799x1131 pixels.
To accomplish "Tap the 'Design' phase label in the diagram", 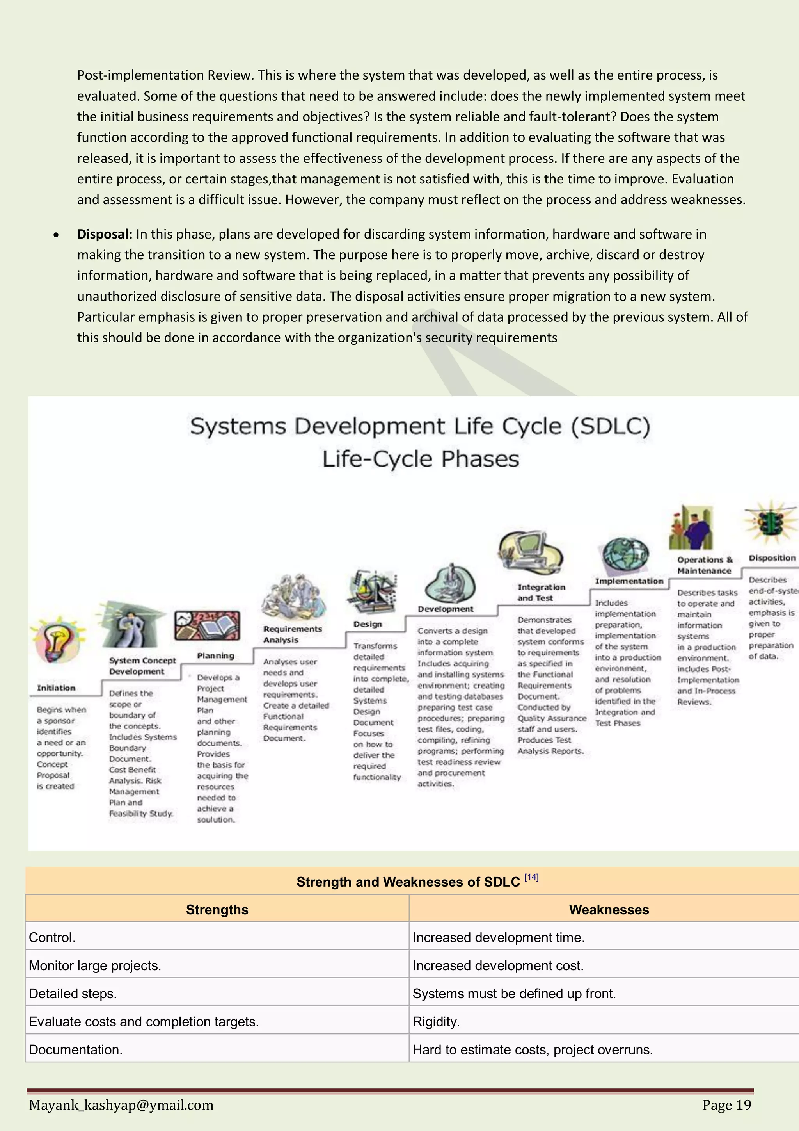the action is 367,624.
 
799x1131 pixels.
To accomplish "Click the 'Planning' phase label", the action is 216,655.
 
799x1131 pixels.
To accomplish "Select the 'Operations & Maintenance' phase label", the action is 705,565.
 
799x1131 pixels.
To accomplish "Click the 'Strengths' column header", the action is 217,909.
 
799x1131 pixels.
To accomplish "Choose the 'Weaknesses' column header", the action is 609,909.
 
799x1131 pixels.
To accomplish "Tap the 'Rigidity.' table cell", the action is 436,1022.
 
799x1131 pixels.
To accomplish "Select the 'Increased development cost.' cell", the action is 498,965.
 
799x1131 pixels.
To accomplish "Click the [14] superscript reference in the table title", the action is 531,877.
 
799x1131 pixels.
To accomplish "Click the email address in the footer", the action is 121,1105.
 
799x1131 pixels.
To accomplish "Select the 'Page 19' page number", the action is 727,1105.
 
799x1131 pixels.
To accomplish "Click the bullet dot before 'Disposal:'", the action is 57,235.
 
